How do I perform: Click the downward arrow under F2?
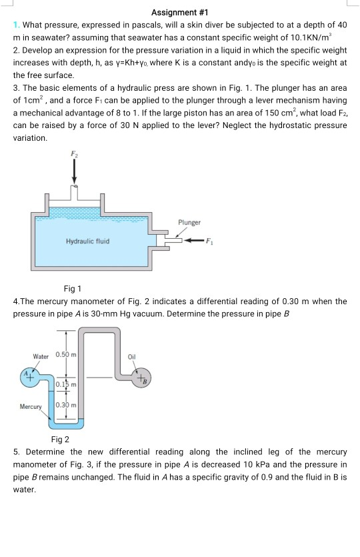click(x=74, y=172)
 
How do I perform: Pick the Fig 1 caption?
click(x=72, y=289)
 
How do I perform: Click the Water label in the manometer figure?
click(x=41, y=357)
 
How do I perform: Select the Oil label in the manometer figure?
click(x=131, y=357)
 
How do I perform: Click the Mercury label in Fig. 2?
click(x=31, y=406)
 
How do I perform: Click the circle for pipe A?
click(x=30, y=376)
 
